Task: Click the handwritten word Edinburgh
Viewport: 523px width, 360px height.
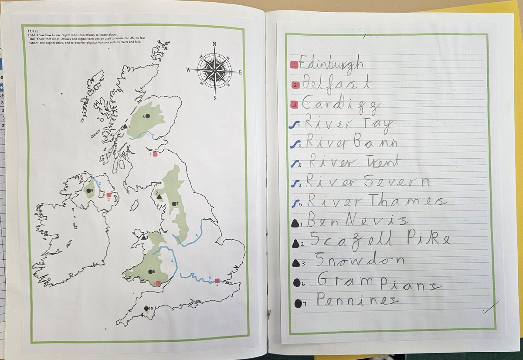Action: click(x=332, y=65)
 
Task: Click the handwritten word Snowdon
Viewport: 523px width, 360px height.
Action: click(x=359, y=260)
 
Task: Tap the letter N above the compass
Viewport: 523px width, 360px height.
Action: click(x=214, y=44)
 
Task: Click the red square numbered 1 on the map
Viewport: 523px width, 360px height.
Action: click(x=155, y=154)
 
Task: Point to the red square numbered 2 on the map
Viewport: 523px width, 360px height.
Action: click(x=109, y=195)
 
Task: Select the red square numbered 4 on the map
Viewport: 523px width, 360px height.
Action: click(x=217, y=281)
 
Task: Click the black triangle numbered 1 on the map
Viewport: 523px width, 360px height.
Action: click(x=125, y=126)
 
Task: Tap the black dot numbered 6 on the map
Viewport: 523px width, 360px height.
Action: click(x=148, y=115)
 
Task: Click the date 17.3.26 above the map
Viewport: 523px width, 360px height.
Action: click(x=30, y=31)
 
